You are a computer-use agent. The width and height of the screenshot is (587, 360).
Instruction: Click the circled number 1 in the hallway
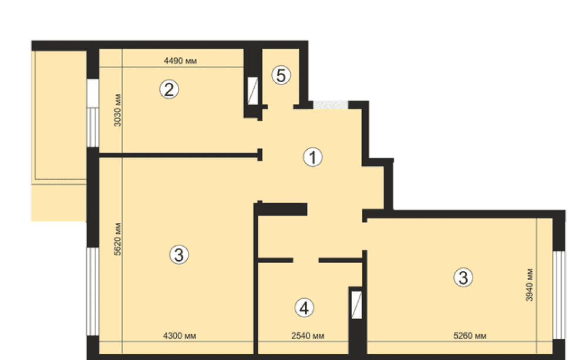pos(313,157)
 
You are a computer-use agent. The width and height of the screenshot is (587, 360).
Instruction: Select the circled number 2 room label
pos(169,89)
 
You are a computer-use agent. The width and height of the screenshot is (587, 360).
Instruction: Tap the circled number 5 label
pos(281,75)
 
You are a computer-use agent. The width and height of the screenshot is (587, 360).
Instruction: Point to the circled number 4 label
pos(304,308)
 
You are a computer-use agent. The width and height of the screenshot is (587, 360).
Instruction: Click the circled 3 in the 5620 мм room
pos(179,255)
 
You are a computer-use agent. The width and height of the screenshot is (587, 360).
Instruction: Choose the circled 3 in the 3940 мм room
pos(463,278)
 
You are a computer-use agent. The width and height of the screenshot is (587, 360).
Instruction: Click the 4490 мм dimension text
pos(180,60)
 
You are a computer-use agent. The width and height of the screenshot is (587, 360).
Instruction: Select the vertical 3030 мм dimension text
pos(117,110)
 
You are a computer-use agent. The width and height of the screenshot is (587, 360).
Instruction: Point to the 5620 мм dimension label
pos(117,239)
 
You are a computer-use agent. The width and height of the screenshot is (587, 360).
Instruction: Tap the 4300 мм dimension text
pos(180,336)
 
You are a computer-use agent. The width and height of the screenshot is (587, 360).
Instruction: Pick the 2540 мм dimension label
pos(308,336)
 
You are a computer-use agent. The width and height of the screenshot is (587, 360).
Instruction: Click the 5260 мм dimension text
pos(470,336)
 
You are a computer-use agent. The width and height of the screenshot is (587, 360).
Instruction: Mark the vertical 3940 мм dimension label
pos(529,285)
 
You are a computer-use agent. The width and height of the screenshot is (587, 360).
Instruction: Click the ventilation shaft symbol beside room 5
pos(253,90)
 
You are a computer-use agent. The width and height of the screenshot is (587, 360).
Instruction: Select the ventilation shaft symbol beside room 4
pos(357,305)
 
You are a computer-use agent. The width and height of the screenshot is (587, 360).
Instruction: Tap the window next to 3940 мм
pos(559,295)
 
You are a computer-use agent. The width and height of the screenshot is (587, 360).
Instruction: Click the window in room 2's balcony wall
pos(93,113)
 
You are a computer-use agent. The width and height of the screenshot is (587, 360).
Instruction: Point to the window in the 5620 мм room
pos(93,291)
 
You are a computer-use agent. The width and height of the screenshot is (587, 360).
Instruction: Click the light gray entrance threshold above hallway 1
pos(330,105)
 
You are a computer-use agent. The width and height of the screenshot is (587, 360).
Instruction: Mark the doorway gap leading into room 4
pos(306,260)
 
